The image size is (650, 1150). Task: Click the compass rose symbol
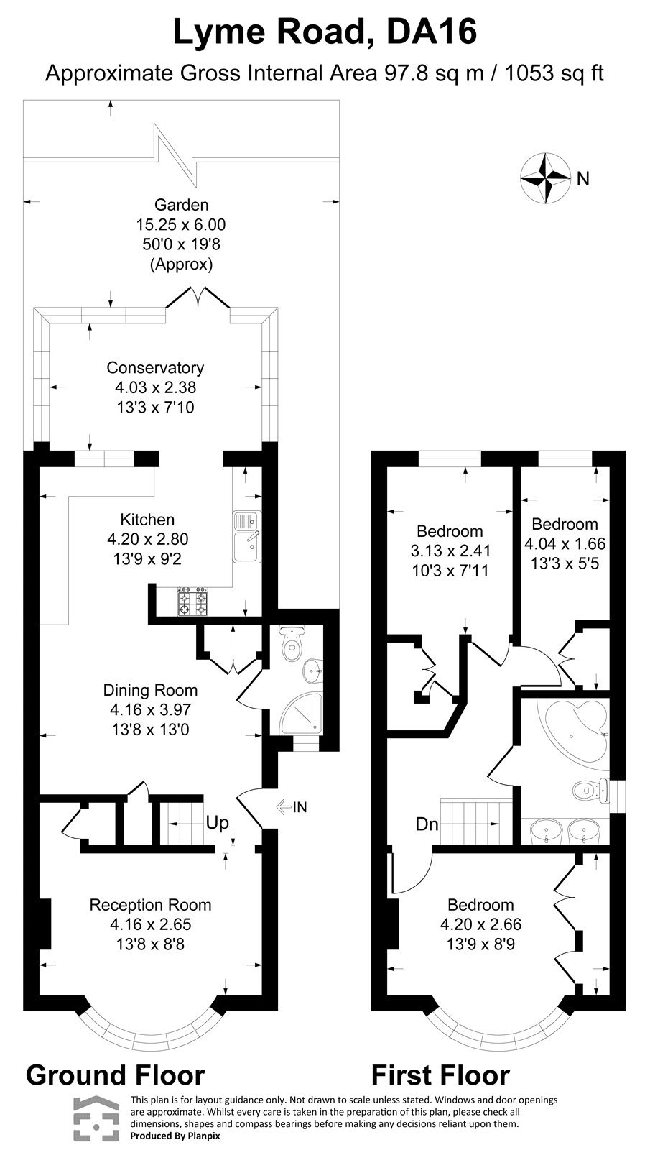(544, 177)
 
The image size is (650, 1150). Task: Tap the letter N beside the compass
(583, 178)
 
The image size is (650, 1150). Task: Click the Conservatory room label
(155, 367)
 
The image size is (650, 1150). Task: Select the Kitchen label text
(147, 519)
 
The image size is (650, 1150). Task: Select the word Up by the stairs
(218, 822)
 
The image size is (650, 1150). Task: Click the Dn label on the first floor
(427, 824)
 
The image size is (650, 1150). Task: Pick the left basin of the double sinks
(545, 833)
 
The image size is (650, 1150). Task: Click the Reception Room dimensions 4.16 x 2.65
(150, 924)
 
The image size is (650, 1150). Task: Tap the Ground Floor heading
(115, 1075)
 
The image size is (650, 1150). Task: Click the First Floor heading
(440, 1075)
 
